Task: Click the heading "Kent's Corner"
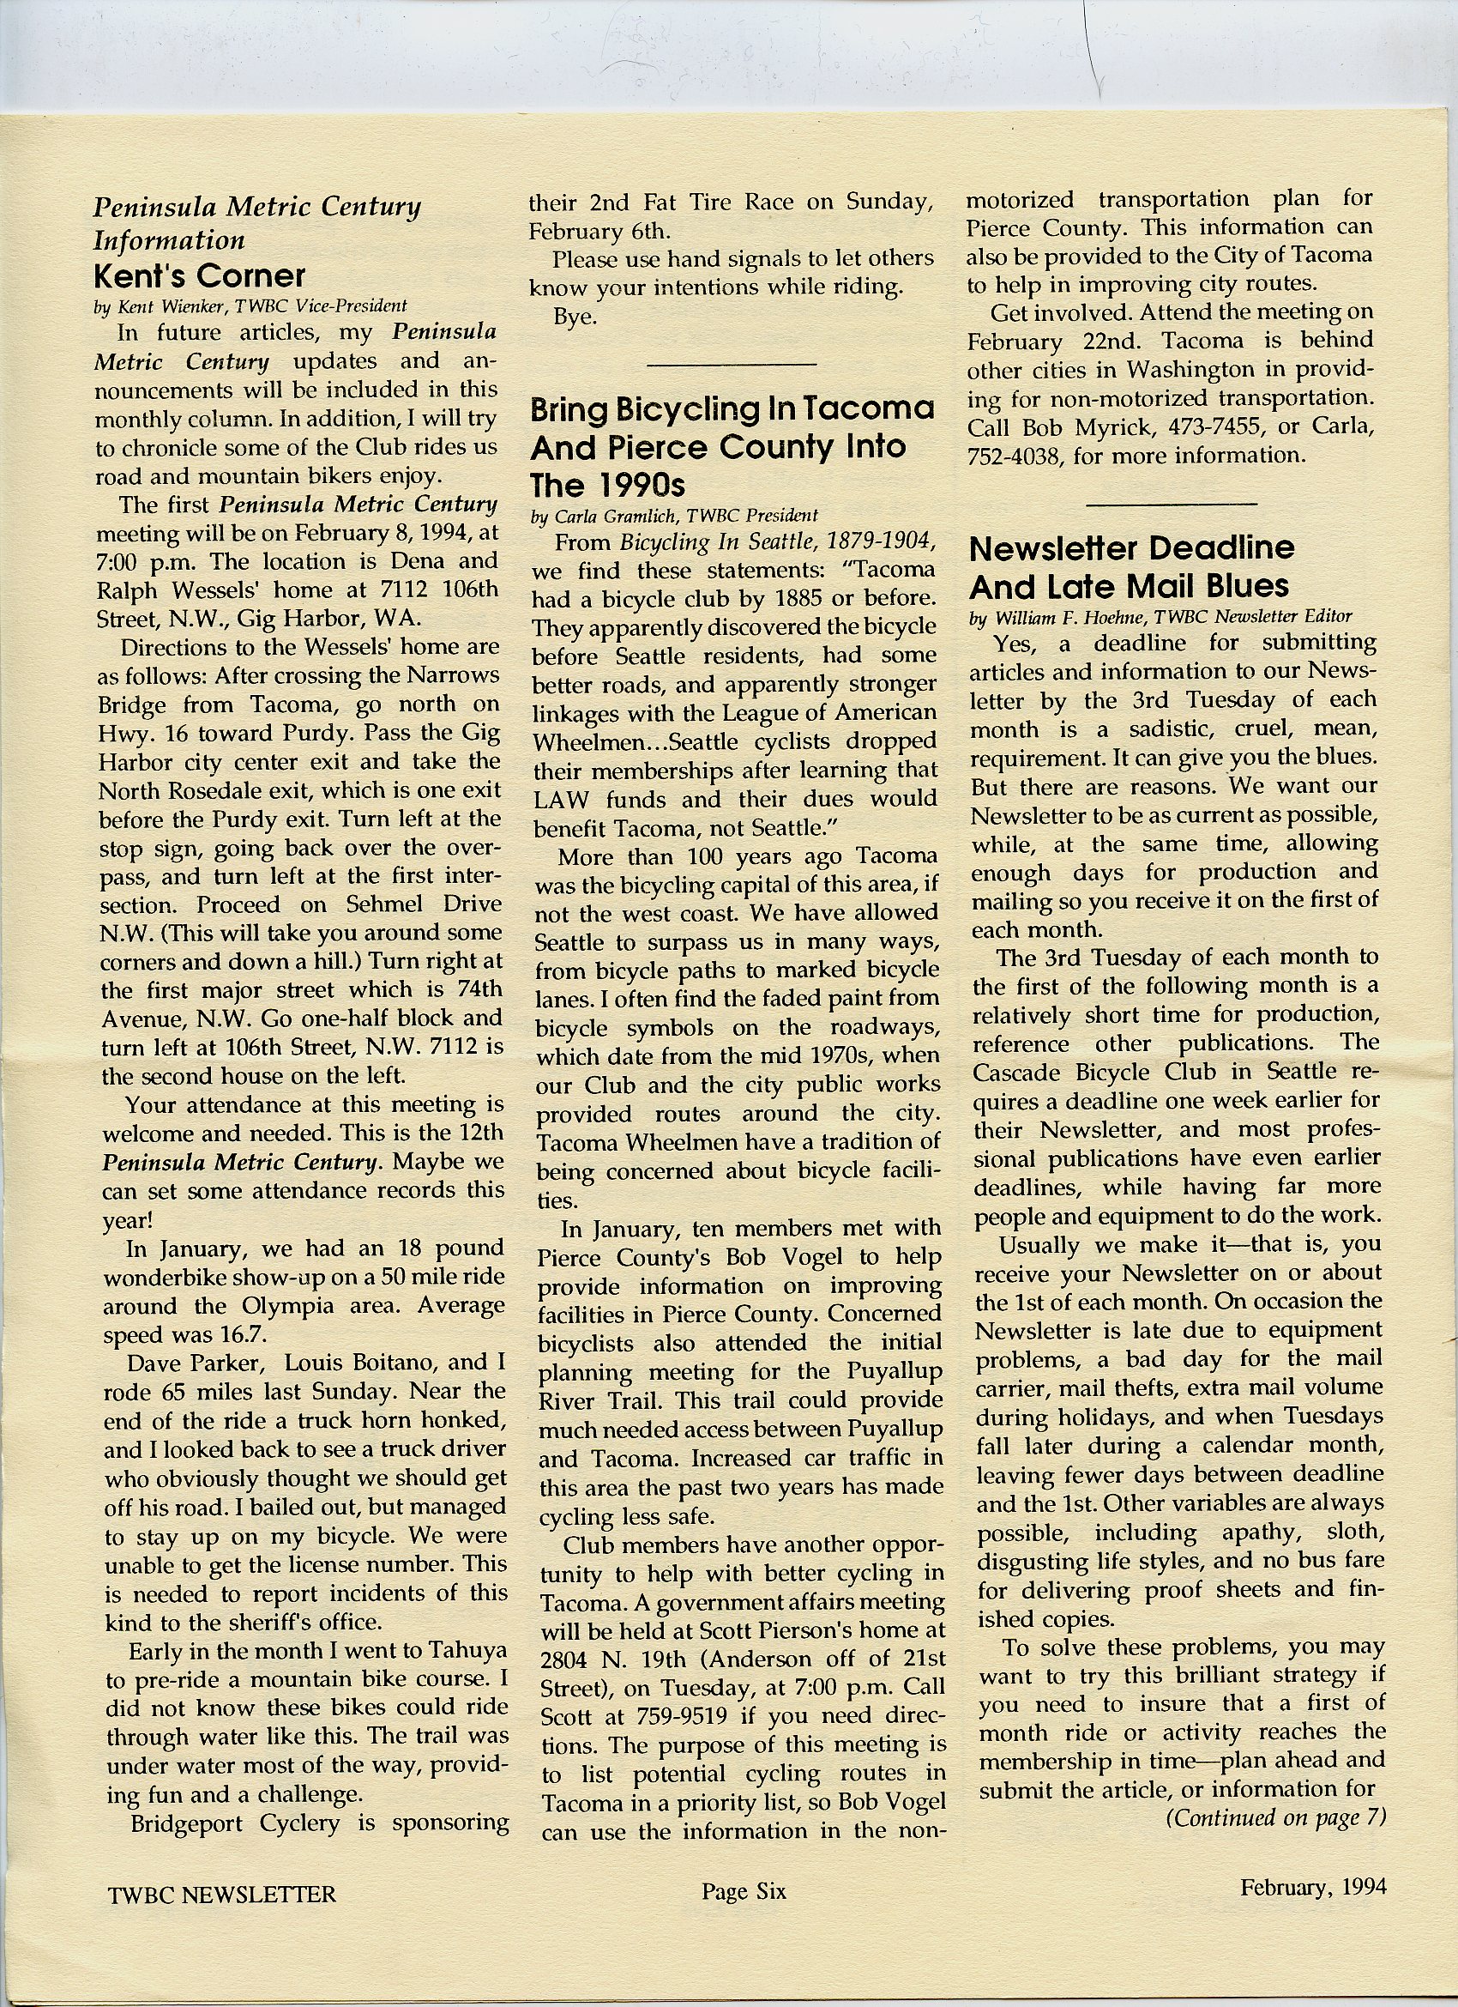pyautogui.click(x=199, y=276)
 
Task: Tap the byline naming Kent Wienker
pyautogui.click(x=250, y=306)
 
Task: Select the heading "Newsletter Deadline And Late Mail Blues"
pyautogui.click(x=1131, y=566)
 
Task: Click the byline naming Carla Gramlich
pyautogui.click(x=675, y=515)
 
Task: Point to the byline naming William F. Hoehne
pyautogui.click(x=1160, y=618)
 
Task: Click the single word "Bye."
pyautogui.click(x=575, y=317)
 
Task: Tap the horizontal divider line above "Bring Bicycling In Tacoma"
pyautogui.click(x=732, y=364)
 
